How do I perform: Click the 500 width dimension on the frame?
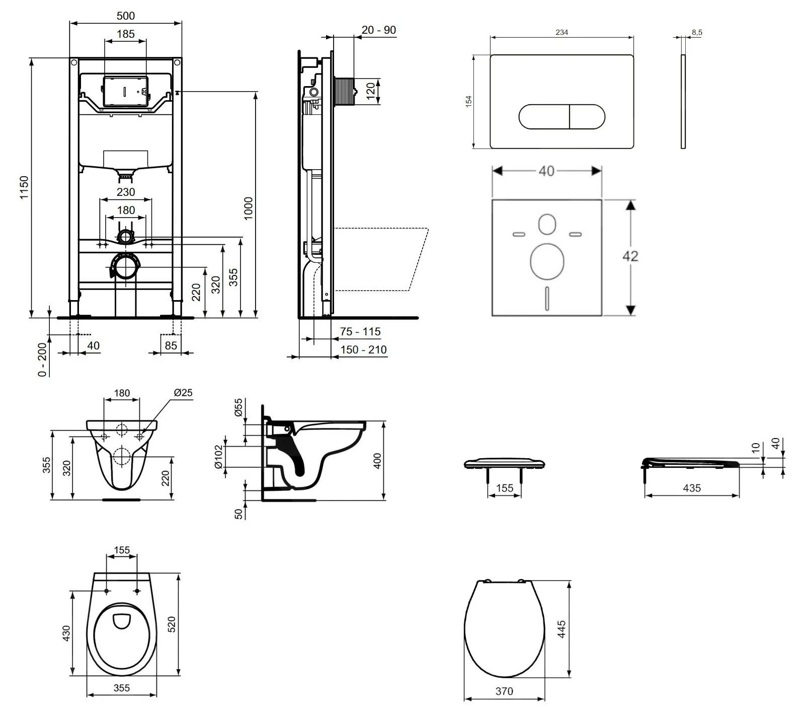coord(125,16)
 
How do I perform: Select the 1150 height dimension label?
coord(24,187)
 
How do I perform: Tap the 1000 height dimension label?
coord(249,208)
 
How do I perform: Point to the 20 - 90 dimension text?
coord(379,30)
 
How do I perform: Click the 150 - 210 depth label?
coord(363,349)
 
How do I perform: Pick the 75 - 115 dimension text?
coord(360,331)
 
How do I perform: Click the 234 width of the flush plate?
coord(561,32)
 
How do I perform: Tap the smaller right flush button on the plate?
coord(587,117)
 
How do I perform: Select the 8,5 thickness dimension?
coord(697,32)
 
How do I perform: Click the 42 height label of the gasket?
coord(630,256)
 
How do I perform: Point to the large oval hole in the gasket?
coord(546,262)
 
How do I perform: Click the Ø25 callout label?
coord(183,392)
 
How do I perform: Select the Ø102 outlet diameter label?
coord(219,457)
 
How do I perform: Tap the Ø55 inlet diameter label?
coord(239,407)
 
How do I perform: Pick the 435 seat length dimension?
coord(692,488)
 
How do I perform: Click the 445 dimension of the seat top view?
coord(561,629)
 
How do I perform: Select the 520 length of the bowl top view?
coord(171,624)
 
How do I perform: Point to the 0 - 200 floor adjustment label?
coord(43,359)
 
